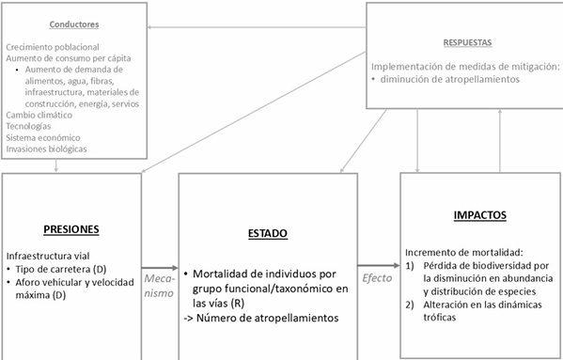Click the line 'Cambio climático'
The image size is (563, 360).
pos(37,114)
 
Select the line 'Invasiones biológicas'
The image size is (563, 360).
pos(46,149)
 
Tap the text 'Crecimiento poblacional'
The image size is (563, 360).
pos(52,46)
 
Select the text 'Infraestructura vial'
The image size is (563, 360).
pos(48,256)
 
